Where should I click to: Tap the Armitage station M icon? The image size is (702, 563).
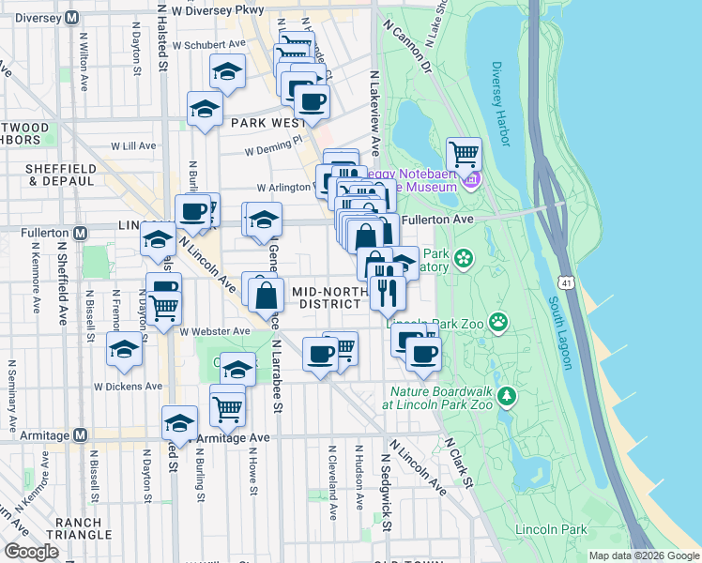point(80,435)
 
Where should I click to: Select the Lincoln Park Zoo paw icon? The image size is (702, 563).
point(498,323)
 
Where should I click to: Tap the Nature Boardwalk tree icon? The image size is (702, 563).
point(507,396)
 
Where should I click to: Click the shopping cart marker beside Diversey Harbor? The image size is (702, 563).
point(464,153)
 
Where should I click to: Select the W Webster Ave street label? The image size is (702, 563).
point(215,331)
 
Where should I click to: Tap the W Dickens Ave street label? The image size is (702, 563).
point(128,386)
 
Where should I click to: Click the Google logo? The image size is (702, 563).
point(31,552)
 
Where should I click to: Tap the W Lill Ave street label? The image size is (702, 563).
point(132,146)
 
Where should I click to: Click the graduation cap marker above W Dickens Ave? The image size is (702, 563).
point(124,349)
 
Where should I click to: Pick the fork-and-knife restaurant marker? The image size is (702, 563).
point(387,292)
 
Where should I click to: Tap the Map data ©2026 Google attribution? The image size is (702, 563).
point(643,555)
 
